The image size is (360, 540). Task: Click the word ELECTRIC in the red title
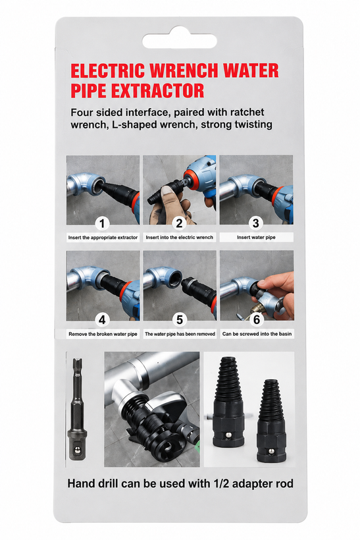[x=107, y=70]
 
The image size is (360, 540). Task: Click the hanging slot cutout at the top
[x=179, y=41]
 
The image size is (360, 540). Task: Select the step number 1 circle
[x=102, y=223]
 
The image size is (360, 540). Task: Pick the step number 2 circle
[x=179, y=223]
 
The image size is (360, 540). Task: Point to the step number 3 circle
[x=256, y=223]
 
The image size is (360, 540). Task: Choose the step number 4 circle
[x=102, y=320]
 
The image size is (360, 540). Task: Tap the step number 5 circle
[x=179, y=320]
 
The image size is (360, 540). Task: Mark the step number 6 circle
[x=257, y=319]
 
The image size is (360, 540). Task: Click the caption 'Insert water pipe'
[x=256, y=237]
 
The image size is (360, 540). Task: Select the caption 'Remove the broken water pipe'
[x=103, y=334]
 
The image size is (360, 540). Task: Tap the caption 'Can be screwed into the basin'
[x=257, y=334]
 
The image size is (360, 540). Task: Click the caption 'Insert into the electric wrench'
[x=179, y=237]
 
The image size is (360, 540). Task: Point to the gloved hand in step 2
[x=168, y=204]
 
